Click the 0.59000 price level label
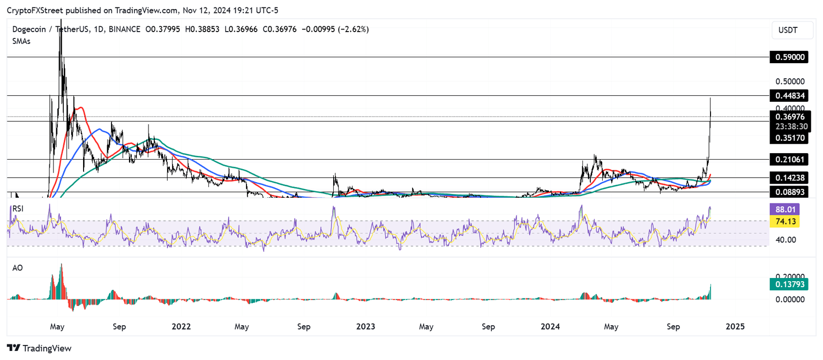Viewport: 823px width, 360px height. pyautogui.click(x=790, y=57)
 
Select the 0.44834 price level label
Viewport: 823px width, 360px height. pyautogui.click(x=790, y=96)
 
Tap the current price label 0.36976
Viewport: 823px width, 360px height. pyautogui.click(x=790, y=116)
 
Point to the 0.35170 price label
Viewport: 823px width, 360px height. pyautogui.click(x=790, y=138)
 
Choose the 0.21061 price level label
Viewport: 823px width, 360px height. pyautogui.click(x=790, y=159)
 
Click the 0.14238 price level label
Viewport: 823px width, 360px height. pyautogui.click(x=790, y=177)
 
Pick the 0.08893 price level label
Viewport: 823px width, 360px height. pyautogui.click(x=790, y=191)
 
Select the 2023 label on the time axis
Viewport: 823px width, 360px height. pyautogui.click(x=365, y=326)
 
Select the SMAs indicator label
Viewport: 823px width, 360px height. pyautogui.click(x=21, y=41)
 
